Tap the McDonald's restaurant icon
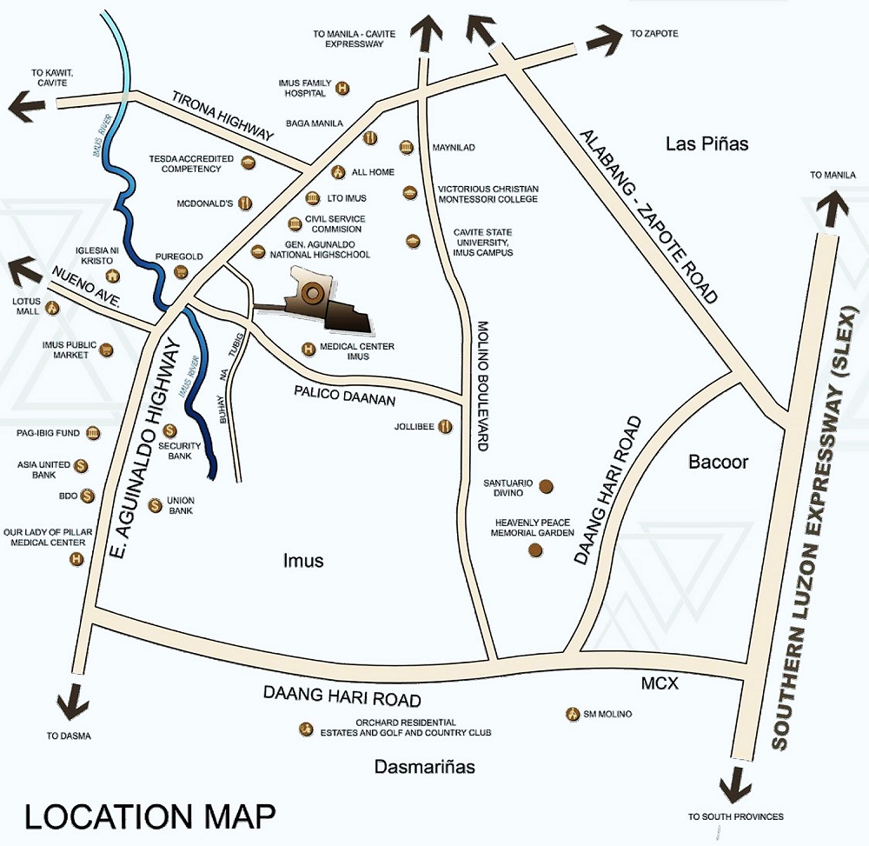click(245, 203)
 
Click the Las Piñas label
click(706, 143)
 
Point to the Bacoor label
click(718, 462)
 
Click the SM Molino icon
click(572, 714)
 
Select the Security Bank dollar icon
click(170, 430)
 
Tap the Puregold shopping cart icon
click(181, 271)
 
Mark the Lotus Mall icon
click(52, 307)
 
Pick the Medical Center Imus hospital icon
click(308, 350)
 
